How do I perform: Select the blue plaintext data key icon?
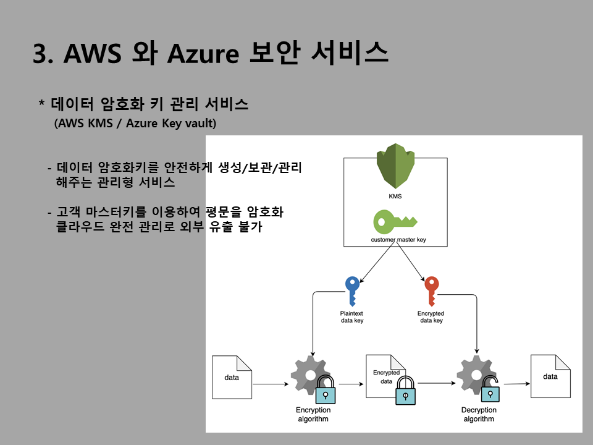352,290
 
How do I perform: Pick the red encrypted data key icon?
431,290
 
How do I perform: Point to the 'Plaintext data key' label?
352,317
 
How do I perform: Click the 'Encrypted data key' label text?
431,317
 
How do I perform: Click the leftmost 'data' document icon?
232,377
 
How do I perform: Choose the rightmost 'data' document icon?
550,376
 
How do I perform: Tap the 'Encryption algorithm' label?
313,415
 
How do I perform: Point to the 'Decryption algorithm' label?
479,415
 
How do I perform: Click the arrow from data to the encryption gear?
271,384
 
